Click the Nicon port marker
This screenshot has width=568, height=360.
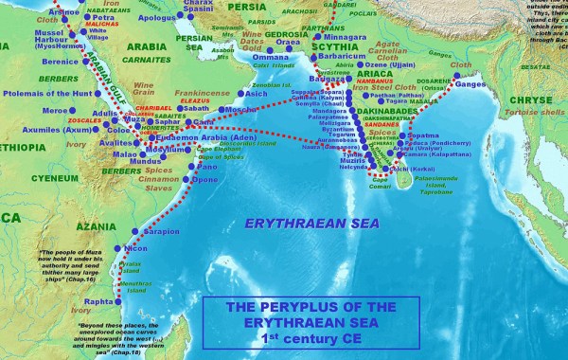(117, 248)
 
